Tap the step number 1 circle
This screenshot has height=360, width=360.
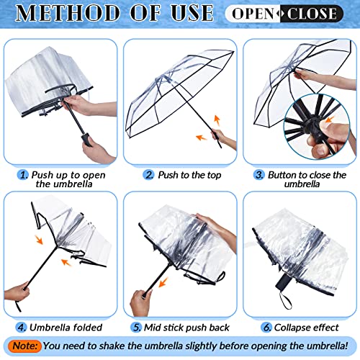coord(24,175)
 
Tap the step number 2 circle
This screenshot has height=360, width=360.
coord(149,175)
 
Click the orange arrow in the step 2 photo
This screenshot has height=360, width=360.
coord(199,138)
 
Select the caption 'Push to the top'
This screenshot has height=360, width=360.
coord(184,175)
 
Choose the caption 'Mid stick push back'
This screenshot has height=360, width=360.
coord(184,328)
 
